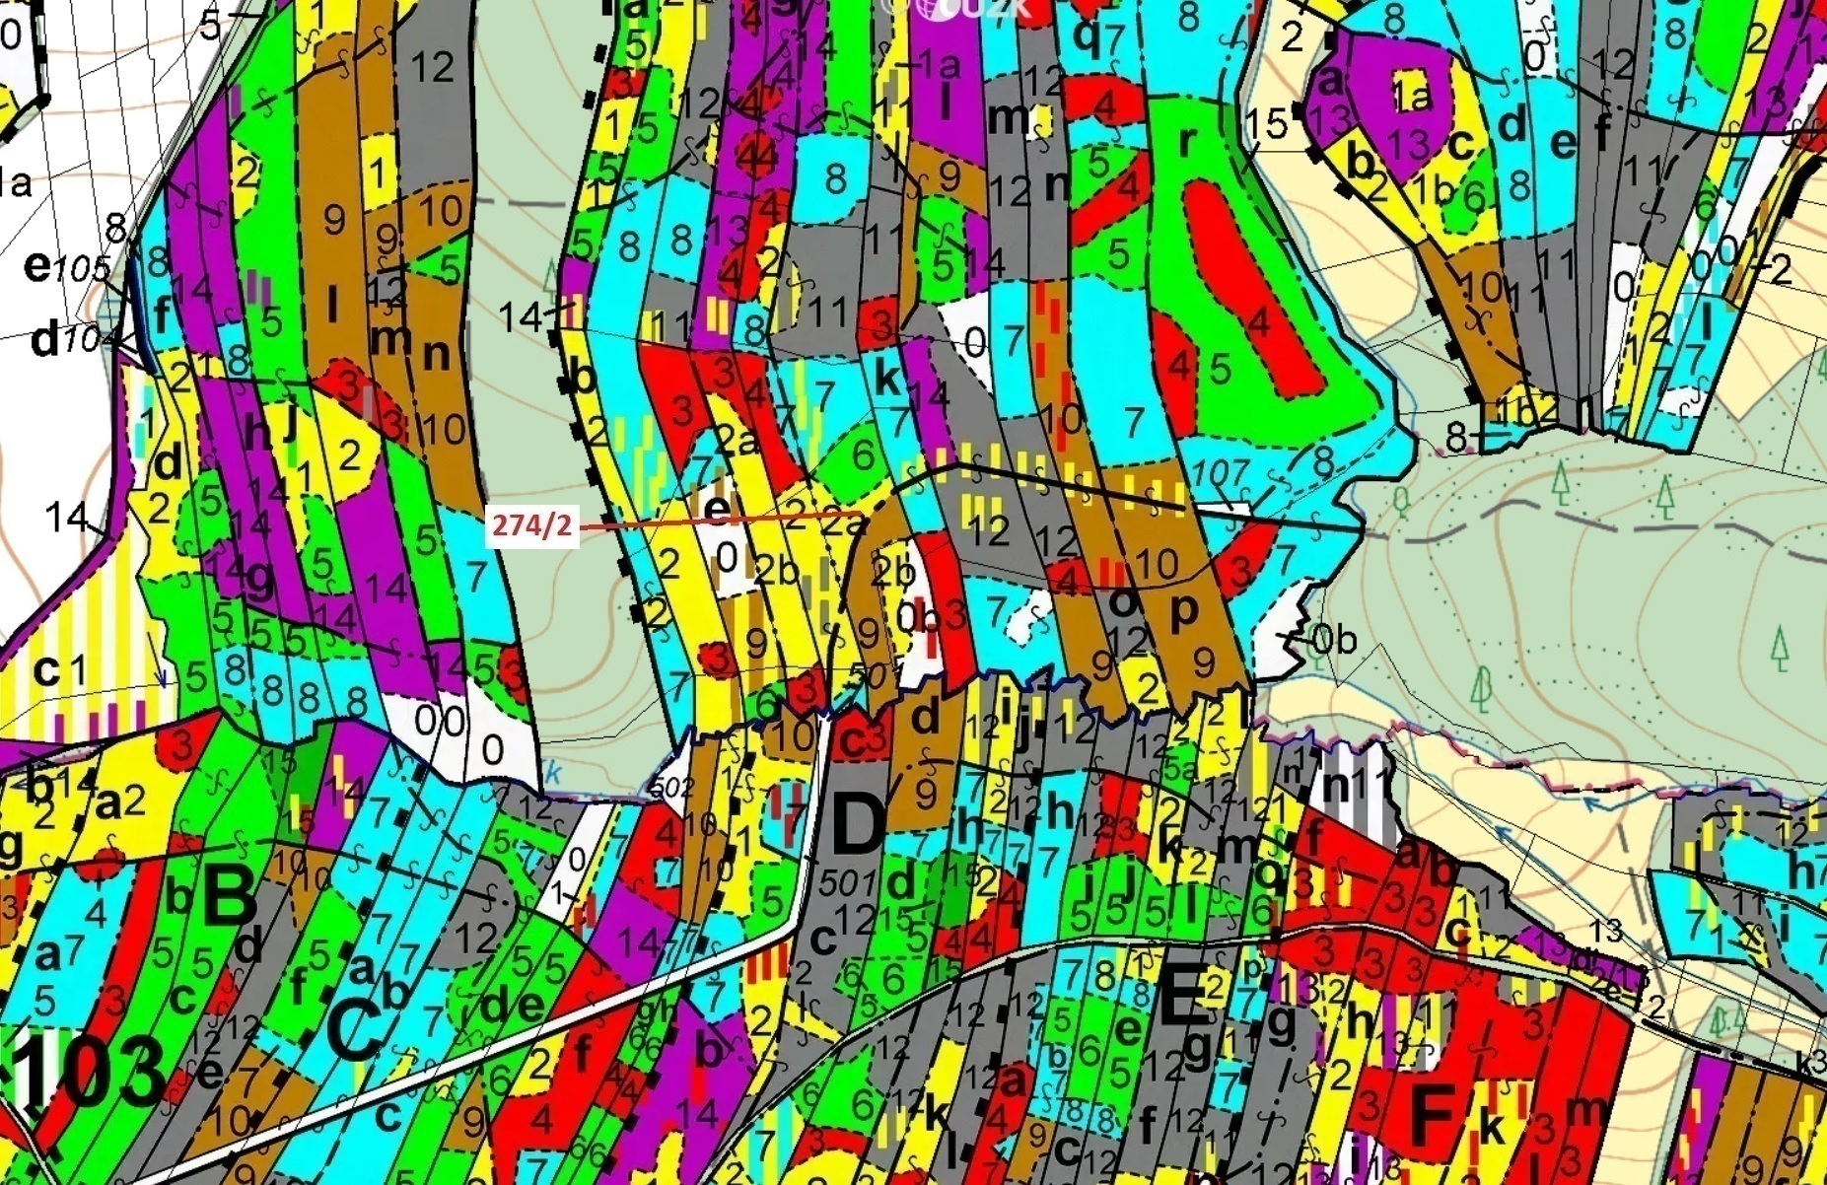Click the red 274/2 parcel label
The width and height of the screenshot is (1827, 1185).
click(531, 525)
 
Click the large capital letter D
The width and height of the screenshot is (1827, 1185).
click(858, 824)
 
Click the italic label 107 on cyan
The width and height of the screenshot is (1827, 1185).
click(1220, 473)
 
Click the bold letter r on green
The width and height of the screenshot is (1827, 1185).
click(1186, 141)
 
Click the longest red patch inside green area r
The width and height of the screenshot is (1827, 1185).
click(1247, 286)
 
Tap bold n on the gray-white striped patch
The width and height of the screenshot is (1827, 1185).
click(1336, 786)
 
